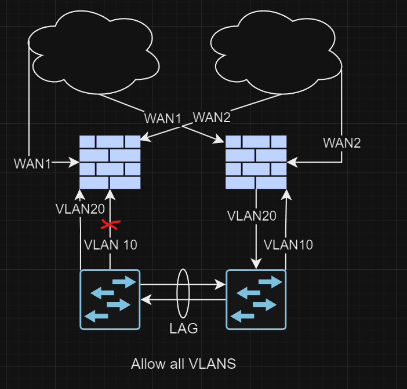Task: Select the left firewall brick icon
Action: (x=110, y=162)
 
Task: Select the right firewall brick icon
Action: (x=256, y=162)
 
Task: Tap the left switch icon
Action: (x=110, y=299)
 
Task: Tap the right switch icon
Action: (x=256, y=299)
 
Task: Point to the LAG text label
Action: (x=184, y=328)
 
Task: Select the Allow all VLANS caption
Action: (x=183, y=364)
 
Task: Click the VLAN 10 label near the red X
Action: (x=111, y=244)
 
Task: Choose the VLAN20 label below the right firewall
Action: (x=252, y=216)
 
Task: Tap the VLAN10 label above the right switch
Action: (x=288, y=244)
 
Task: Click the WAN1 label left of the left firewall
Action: (x=32, y=164)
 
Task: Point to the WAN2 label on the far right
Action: (x=341, y=142)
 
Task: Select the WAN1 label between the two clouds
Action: (x=163, y=119)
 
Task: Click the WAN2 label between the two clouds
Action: (x=211, y=118)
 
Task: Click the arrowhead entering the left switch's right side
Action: (x=145, y=299)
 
